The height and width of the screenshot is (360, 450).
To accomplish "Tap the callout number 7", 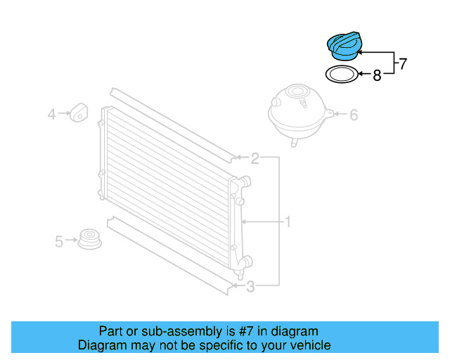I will click(403, 64).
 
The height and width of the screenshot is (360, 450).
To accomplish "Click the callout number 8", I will click(377, 75).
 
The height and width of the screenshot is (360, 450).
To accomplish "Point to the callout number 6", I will click(354, 114).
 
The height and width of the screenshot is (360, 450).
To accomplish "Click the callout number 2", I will click(255, 158).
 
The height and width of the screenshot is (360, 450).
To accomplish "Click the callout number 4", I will click(51, 113).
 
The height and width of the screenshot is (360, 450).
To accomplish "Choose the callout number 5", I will click(60, 241).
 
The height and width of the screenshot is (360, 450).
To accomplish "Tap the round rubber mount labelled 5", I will click(89, 239).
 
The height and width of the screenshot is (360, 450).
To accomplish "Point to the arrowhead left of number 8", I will click(359, 73).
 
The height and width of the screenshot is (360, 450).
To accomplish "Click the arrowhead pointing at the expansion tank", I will click(333, 113).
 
